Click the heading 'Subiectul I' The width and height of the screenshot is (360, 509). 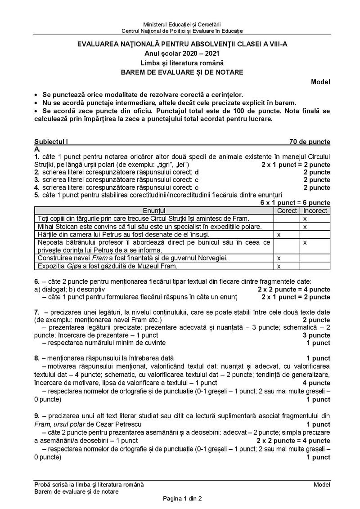(50, 142)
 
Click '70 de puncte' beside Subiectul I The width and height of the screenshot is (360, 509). (310, 142)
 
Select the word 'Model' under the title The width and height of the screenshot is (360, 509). (320, 82)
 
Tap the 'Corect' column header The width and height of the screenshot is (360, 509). (287, 210)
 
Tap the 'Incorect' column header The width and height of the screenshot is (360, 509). (315, 210)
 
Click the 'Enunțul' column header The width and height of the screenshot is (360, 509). (154, 210)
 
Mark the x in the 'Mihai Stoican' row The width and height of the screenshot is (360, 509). (305, 227)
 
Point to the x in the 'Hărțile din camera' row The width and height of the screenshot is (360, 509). (279, 235)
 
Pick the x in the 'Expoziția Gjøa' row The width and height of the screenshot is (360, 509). (279, 266)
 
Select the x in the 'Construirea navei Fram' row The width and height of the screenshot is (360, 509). (279, 258)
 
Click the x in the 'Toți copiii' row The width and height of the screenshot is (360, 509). (305, 219)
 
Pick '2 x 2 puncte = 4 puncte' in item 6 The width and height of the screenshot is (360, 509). (294, 289)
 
